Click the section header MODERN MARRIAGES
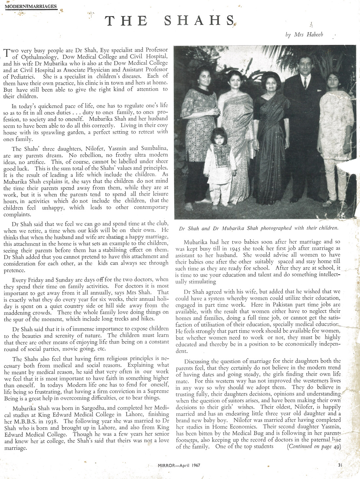coord(31,6)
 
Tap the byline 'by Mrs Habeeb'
coord(304,35)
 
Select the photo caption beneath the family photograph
coord(259,228)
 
